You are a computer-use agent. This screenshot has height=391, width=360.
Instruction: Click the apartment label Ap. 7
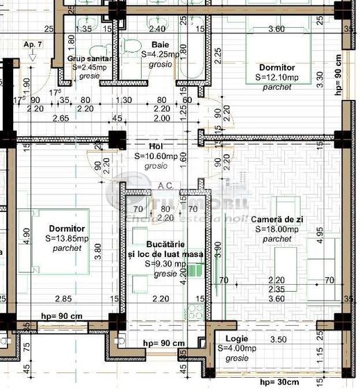tap(33, 44)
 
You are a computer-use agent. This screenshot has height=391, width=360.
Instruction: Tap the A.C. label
tap(166, 185)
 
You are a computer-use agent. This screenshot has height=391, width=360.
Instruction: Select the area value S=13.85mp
tap(67, 238)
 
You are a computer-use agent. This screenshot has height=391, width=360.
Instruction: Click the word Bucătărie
tap(165, 246)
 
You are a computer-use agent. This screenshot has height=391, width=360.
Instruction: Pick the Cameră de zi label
tap(278, 219)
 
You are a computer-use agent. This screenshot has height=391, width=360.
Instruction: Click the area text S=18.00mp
tap(278, 228)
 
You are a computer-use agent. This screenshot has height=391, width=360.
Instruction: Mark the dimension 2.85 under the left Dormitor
tap(64, 299)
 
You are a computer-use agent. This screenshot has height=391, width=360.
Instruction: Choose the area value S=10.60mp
tap(156, 157)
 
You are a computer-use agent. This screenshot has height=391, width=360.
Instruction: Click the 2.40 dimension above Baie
tap(158, 29)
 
